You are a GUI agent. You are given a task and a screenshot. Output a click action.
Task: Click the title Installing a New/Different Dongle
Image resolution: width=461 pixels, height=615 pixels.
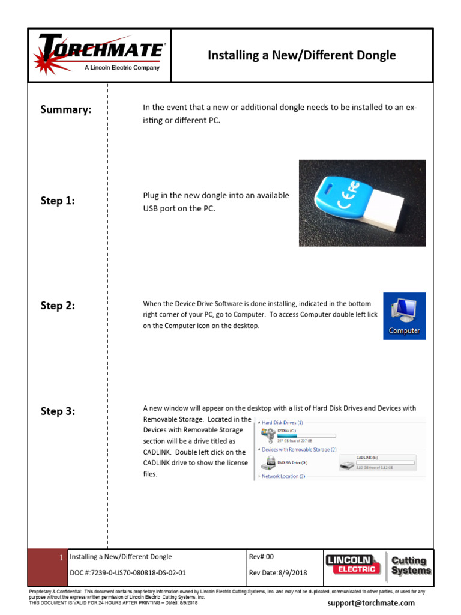pyautogui.click(x=301, y=56)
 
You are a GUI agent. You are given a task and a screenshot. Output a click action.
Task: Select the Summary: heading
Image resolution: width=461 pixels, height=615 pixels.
pyautogui.click(x=66, y=109)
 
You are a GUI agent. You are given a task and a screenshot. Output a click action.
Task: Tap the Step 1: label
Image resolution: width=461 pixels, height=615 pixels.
pyautogui.click(x=58, y=201)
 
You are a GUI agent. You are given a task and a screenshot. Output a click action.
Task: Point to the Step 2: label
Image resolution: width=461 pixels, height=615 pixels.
pyautogui.click(x=58, y=306)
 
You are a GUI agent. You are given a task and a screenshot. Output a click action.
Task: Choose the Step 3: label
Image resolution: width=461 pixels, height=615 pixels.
pyautogui.click(x=58, y=411)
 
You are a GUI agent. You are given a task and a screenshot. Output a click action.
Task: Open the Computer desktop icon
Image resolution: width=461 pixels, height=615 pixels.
pyautogui.click(x=404, y=316)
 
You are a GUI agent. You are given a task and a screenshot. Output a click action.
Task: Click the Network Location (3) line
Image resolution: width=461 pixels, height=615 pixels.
pyautogui.click(x=283, y=476)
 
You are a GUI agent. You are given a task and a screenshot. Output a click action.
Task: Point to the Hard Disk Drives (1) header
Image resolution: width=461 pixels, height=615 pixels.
pyautogui.click(x=282, y=422)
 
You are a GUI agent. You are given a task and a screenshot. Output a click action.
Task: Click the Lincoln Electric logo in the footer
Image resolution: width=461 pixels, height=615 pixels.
pyautogui.click(x=352, y=565)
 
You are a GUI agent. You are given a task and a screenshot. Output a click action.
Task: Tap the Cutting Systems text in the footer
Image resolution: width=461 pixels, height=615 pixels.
pyautogui.click(x=411, y=565)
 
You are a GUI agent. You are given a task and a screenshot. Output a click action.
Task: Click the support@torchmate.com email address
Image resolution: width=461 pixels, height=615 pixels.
pyautogui.click(x=370, y=603)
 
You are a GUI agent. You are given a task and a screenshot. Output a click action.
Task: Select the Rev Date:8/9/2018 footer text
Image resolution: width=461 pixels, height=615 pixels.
pyautogui.click(x=277, y=572)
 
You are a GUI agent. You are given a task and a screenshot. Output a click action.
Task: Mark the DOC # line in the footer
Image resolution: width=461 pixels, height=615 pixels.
pyautogui.click(x=128, y=572)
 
